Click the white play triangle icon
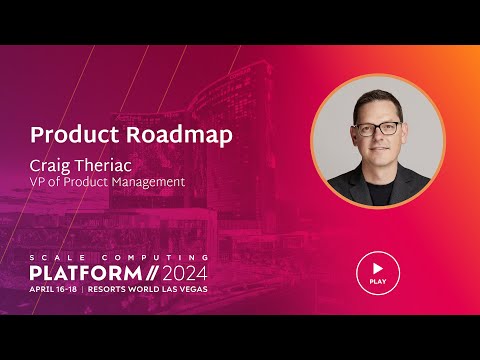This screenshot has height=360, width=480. [x=378, y=269]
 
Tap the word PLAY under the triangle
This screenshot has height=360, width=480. [x=377, y=282]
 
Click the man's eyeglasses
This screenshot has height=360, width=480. [x=377, y=129]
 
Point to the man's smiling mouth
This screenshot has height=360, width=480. [x=378, y=152]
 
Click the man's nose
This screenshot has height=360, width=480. [x=378, y=139]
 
